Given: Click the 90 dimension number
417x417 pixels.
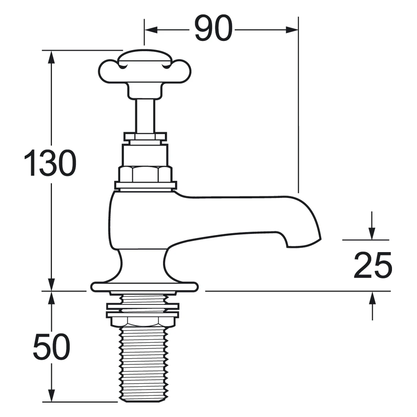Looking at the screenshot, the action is click(x=213, y=28).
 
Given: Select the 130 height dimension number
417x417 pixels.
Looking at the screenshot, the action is click(x=50, y=163).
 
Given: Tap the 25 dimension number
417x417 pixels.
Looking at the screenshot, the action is click(x=373, y=265).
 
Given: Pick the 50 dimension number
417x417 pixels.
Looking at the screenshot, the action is click(x=52, y=347).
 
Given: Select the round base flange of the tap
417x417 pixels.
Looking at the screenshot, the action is click(x=144, y=287).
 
